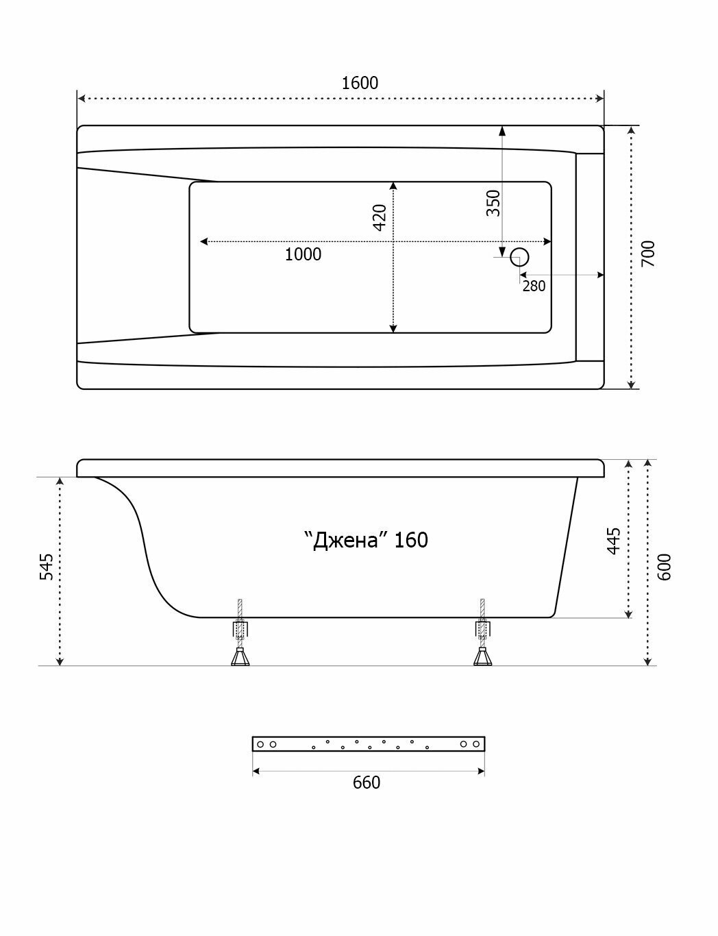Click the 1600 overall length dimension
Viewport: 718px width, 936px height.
click(360, 83)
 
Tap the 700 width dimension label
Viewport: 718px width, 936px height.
click(649, 254)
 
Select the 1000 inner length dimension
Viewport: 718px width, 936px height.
click(303, 255)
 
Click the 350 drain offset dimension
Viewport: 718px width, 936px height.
click(493, 203)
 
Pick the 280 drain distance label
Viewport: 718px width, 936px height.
click(534, 286)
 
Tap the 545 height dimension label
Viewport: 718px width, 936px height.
click(46, 567)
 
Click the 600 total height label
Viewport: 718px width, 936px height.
click(665, 567)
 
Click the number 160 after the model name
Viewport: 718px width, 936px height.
click(412, 540)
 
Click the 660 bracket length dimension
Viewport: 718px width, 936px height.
click(367, 782)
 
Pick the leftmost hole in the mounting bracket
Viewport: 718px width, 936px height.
click(261, 744)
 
